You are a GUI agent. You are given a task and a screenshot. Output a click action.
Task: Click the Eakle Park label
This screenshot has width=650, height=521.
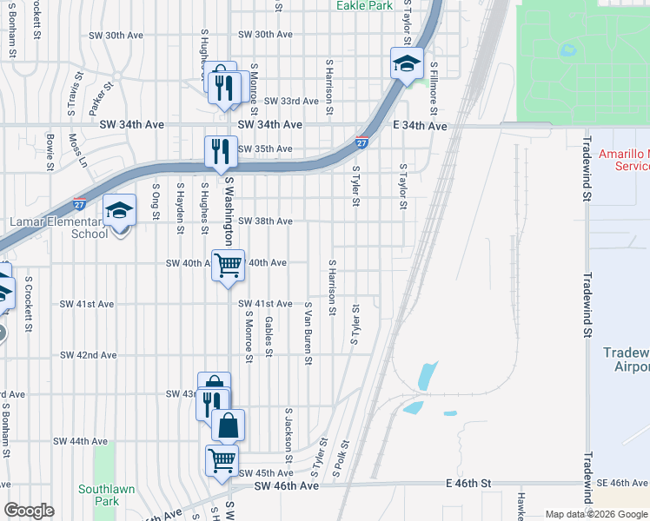click(x=364, y=5)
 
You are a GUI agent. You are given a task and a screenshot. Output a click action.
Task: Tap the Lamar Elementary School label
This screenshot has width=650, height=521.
click(x=59, y=228)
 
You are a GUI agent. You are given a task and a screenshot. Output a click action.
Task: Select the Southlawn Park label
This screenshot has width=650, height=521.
click(x=106, y=495)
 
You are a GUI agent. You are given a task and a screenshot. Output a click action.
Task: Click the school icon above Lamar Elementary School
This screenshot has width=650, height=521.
click(x=120, y=211)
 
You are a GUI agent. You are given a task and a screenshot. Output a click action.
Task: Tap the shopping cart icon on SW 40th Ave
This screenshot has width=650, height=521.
click(x=228, y=265)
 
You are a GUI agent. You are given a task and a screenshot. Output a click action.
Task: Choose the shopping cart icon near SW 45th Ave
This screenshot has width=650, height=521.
click(x=222, y=459)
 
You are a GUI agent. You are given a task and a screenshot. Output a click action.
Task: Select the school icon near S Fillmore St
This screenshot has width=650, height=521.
click(x=407, y=63)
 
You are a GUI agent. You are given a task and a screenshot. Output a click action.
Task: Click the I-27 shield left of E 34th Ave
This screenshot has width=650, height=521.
click(x=361, y=142)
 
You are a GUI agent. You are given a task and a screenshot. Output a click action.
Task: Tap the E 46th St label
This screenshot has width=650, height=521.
click(x=468, y=482)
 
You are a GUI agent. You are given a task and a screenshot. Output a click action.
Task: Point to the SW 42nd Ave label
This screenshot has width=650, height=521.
click(x=89, y=355)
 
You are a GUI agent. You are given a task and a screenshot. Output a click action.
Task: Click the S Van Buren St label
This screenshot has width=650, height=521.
click(x=308, y=333)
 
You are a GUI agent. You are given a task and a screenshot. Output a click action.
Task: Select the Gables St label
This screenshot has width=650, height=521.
click(x=269, y=336)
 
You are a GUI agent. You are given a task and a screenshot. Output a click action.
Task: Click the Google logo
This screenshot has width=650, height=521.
click(x=29, y=511)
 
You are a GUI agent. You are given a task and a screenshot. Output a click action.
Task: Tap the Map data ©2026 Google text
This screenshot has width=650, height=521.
click(x=595, y=514)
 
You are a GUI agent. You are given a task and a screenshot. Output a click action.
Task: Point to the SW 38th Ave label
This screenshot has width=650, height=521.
click(x=265, y=221)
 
